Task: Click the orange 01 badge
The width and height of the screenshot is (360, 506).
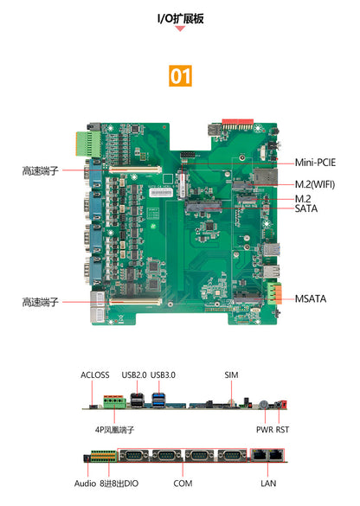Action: click(x=180, y=76)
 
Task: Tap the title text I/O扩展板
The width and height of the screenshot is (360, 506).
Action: click(x=180, y=17)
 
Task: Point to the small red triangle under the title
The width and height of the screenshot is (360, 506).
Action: click(x=180, y=29)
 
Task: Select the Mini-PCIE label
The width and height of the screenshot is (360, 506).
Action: click(x=315, y=162)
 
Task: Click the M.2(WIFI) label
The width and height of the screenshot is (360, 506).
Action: click(x=315, y=184)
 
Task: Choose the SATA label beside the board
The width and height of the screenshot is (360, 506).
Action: click(x=305, y=208)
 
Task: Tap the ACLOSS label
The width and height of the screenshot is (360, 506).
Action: click(x=95, y=375)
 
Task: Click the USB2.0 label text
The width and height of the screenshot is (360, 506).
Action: click(x=136, y=375)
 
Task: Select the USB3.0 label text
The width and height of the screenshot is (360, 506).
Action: click(x=163, y=375)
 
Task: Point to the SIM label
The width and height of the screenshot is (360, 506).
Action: click(x=230, y=375)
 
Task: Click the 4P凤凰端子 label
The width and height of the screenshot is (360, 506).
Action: click(x=115, y=428)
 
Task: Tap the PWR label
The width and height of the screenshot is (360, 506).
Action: click(x=264, y=428)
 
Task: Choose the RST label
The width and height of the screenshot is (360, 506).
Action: click(x=283, y=428)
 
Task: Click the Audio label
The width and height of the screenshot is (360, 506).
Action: click(x=86, y=484)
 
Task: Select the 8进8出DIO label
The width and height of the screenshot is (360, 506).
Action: click(x=118, y=484)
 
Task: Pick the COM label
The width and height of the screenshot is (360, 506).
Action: click(x=183, y=484)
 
